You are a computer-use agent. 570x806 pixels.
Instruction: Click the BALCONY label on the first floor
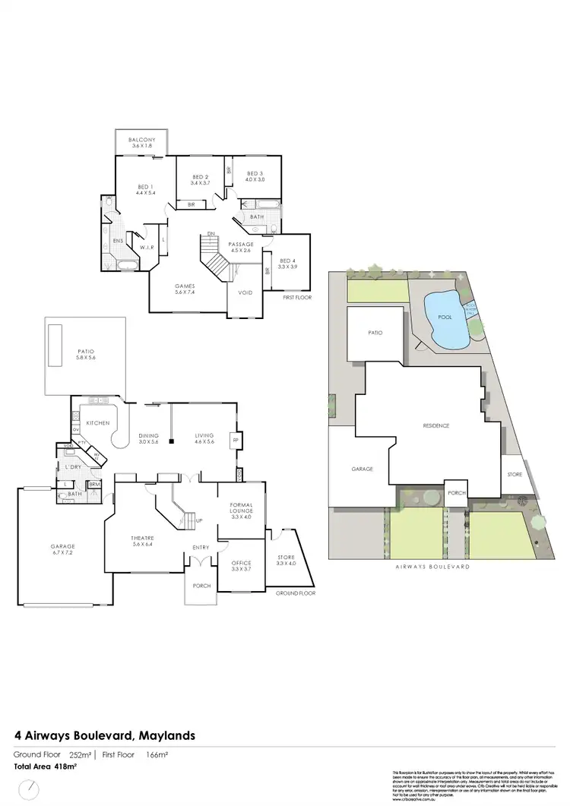click(x=142, y=140)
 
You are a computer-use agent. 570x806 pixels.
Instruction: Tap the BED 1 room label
click(x=145, y=187)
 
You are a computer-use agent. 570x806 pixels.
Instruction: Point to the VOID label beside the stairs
click(x=245, y=292)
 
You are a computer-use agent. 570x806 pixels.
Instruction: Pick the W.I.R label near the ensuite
click(x=145, y=245)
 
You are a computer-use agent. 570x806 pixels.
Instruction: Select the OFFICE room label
click(x=241, y=563)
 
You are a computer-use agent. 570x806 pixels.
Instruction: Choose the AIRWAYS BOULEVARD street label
click(x=433, y=567)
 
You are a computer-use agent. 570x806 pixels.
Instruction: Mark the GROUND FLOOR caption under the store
click(x=296, y=593)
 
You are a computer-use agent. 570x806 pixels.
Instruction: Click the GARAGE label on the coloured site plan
click(x=363, y=469)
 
